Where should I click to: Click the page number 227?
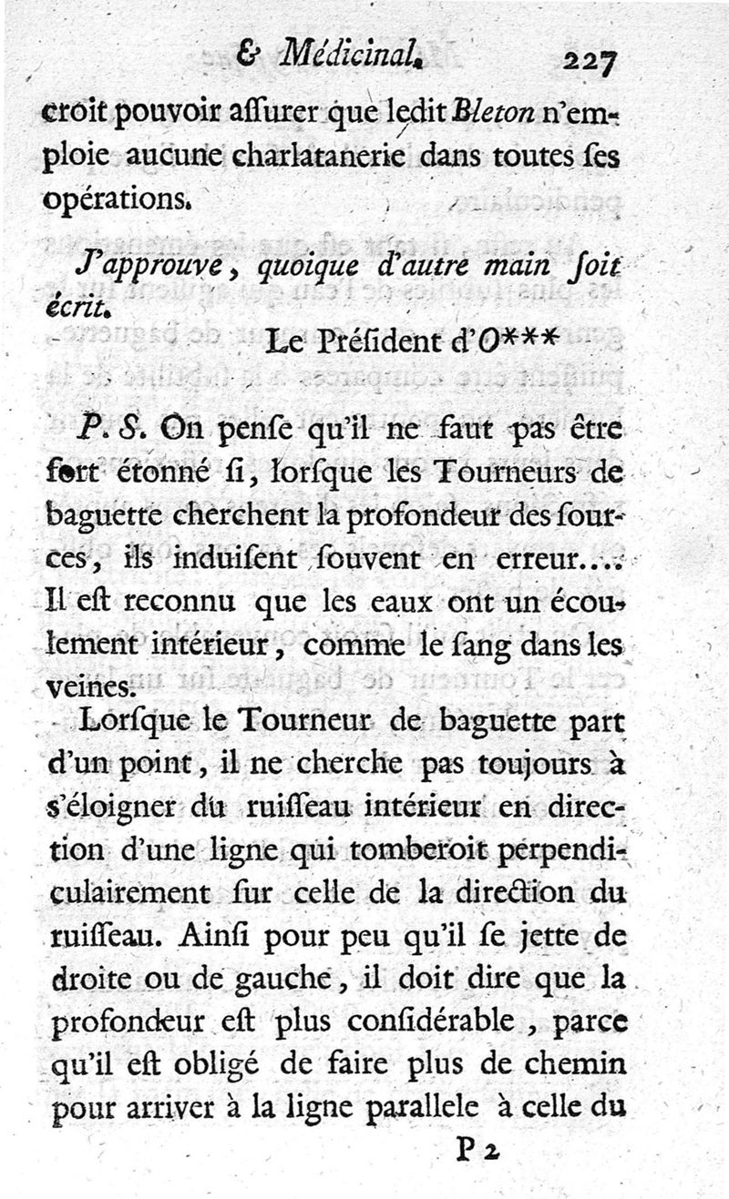click(590, 63)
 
